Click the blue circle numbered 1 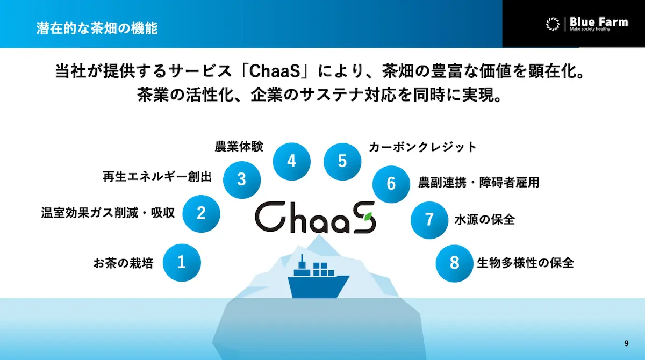tap(182, 262)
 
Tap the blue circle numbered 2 tap(201, 213)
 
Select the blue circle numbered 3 tap(242, 179)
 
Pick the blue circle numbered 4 tap(292, 161)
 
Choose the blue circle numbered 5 tap(342, 161)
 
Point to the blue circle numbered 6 tap(391, 184)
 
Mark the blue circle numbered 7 tap(429, 220)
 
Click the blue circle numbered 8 tap(454, 263)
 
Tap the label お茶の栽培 tap(123, 263)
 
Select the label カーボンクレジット tap(422, 147)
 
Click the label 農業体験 tap(239, 147)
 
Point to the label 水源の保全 tap(485, 220)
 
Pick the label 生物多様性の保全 tap(526, 263)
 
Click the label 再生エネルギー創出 tap(157, 176)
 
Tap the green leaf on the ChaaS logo tap(368, 217)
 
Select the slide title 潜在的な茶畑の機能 tap(97, 28)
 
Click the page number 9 tap(626, 343)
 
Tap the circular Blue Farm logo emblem tap(553, 24)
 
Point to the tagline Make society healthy tap(590, 29)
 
